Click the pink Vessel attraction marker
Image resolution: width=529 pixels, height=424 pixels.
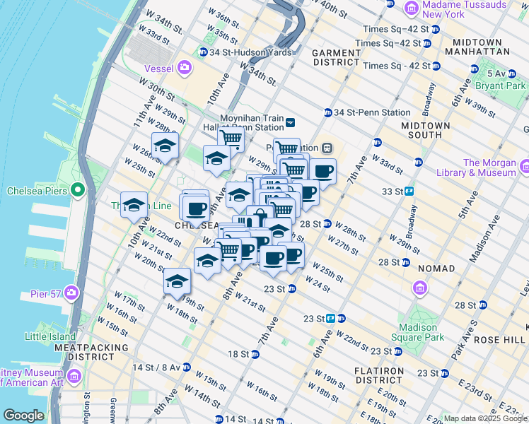pos(185,68)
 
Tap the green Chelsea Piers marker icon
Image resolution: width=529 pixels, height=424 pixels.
pos(78,191)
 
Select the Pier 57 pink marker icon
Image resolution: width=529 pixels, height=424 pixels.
pos(71,293)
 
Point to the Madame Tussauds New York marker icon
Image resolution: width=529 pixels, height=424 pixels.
pos(412,8)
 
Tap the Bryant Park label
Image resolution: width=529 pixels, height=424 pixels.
pos(501,86)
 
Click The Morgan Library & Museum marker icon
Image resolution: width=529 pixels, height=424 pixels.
pos(524,167)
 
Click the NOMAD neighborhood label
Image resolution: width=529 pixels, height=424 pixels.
pos(436,269)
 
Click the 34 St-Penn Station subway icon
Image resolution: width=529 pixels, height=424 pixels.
pos(328,112)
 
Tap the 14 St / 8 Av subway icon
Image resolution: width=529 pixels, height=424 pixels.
pos(185,367)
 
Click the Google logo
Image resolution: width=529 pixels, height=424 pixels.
pos(24,415)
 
